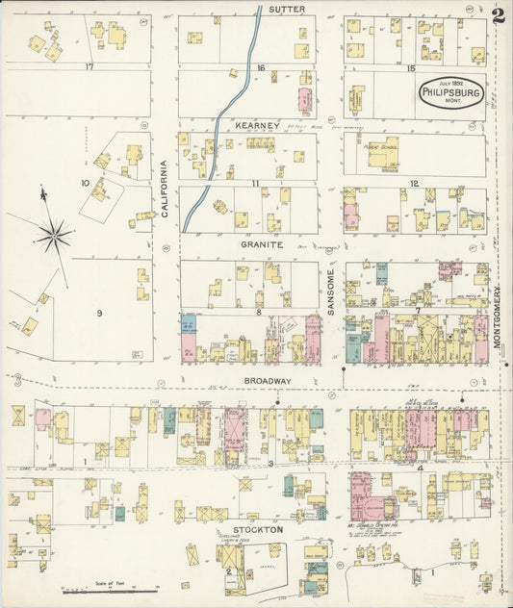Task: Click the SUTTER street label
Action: coord(287,9)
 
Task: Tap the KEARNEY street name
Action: coord(257,125)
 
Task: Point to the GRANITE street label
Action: coord(261,244)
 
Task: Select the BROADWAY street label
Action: coord(267,381)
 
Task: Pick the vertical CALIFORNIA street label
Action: coord(165,183)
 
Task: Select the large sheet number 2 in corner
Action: coord(497,16)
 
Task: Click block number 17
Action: coord(89,67)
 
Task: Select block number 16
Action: coord(261,67)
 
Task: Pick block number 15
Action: coord(411,68)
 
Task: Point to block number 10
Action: coord(86,182)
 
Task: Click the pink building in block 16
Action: coord(306,99)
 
